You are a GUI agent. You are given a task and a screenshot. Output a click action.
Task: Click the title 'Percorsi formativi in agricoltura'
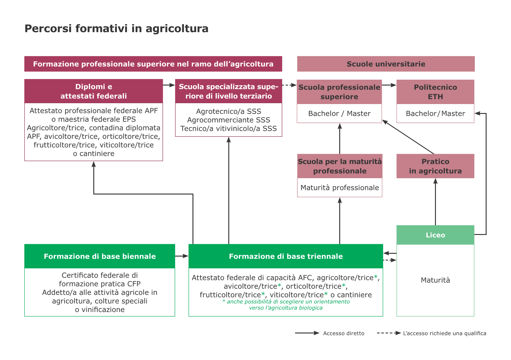116,28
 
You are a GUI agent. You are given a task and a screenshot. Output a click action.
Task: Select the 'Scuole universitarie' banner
386,64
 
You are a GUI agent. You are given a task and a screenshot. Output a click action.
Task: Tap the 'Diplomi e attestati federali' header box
93,91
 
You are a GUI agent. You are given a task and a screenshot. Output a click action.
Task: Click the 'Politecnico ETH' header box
435,92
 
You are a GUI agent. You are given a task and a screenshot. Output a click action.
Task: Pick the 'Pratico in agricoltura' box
435,166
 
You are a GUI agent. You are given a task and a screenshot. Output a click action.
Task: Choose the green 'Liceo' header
435,235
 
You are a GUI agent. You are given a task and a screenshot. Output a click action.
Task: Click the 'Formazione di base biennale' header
99,256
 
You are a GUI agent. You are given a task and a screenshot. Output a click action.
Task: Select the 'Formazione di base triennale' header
285,256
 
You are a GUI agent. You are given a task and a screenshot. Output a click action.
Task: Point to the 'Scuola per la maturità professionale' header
340,166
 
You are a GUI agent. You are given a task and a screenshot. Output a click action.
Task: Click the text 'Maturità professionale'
340,188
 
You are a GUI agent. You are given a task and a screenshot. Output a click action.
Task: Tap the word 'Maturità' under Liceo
435,280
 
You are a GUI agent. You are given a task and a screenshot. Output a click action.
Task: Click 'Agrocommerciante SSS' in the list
229,120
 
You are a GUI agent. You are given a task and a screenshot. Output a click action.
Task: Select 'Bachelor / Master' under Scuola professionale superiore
339,114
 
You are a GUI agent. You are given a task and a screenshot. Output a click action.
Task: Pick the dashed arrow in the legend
389,333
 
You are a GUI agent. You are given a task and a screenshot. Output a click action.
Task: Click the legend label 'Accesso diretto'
344,333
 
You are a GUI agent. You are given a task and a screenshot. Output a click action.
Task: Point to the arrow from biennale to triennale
182,256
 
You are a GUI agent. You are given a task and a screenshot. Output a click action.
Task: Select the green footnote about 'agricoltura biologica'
286,305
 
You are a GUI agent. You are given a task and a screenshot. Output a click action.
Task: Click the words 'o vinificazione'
100,310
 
